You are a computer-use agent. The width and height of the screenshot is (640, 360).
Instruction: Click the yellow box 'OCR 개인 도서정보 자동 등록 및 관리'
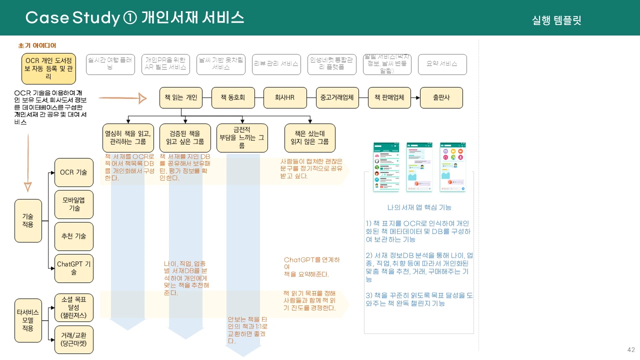[48, 68]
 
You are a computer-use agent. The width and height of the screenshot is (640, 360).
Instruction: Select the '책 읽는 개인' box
[181, 97]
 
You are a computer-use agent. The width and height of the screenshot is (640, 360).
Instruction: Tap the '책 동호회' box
[233, 97]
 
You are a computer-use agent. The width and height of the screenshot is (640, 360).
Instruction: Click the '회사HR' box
[285, 97]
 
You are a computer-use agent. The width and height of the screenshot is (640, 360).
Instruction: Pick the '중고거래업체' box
[337, 97]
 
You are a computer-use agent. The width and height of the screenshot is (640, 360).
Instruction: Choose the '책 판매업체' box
[389, 97]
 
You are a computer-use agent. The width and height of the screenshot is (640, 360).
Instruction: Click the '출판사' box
[441, 97]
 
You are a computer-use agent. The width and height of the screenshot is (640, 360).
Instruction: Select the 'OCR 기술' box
[74, 172]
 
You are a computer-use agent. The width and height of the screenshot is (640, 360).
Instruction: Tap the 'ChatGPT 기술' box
[74, 268]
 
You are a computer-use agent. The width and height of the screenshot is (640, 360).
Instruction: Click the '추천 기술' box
[74, 236]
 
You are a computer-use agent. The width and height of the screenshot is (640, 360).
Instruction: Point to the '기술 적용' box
[28, 220]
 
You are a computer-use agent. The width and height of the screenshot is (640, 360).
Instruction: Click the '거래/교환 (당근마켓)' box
[74, 339]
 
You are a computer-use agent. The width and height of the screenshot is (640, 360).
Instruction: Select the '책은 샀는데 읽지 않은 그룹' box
[310, 138]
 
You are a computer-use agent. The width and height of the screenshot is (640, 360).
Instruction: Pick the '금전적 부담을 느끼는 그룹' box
[242, 138]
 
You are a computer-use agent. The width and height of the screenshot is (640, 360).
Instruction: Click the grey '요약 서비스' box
[442, 64]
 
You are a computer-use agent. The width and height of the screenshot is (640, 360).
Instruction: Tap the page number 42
[631, 349]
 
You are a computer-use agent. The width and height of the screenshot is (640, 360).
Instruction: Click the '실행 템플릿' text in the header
[556, 20]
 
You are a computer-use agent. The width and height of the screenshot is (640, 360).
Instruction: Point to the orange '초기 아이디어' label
[37, 45]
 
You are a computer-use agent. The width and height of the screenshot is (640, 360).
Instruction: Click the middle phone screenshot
[419, 167]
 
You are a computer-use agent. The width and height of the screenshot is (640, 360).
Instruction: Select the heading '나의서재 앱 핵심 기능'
[419, 207]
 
